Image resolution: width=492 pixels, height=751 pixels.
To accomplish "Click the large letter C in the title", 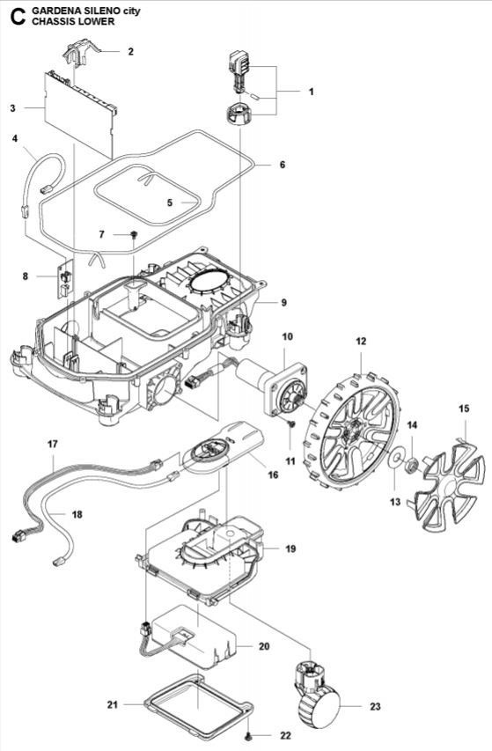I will (x=12, y=16).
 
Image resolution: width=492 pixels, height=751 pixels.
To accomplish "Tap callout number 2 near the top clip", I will (x=130, y=52).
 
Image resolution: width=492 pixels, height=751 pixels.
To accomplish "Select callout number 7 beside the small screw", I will (x=101, y=234).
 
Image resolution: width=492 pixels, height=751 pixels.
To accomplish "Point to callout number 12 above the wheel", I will (x=361, y=341).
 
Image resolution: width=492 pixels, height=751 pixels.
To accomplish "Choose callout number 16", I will (x=273, y=475).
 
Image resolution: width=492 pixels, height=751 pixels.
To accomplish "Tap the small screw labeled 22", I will (x=250, y=734).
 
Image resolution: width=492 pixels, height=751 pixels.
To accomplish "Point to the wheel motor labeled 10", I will (x=268, y=388).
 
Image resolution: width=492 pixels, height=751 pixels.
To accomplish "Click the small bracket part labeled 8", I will (x=63, y=281).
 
